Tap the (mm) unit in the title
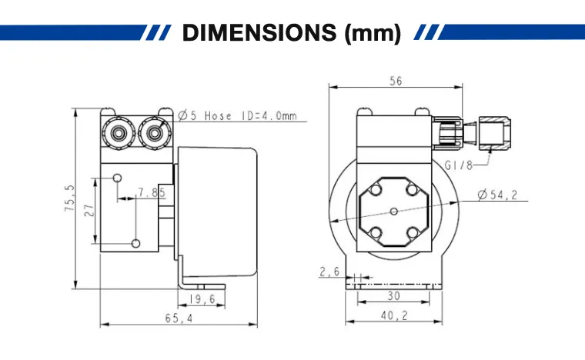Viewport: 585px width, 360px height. [369, 33]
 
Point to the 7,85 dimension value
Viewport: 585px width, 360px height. [152, 192]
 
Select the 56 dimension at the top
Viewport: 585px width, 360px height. [395, 82]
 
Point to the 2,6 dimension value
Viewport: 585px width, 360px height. [329, 272]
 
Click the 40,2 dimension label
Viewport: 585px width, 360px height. [393, 315]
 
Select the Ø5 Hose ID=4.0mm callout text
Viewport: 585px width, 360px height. [237, 116]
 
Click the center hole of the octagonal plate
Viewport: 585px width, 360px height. [393, 210]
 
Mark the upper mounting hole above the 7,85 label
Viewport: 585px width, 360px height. [116, 178]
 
